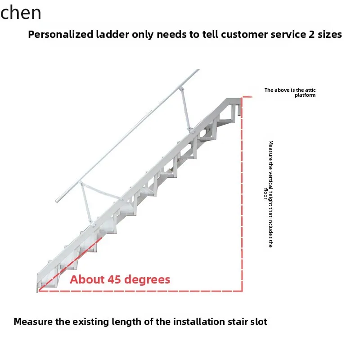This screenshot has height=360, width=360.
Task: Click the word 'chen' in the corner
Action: click(x=21, y=13)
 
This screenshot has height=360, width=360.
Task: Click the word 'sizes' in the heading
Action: click(x=328, y=35)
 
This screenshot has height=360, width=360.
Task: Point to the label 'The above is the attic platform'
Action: click(x=290, y=92)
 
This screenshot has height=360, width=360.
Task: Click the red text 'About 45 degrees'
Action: click(x=120, y=279)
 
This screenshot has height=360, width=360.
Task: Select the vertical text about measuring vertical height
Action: click(x=270, y=193)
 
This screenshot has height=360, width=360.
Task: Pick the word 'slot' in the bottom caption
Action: click(x=258, y=322)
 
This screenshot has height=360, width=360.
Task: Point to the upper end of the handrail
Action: click(x=197, y=71)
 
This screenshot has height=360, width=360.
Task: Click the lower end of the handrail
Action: click(x=58, y=200)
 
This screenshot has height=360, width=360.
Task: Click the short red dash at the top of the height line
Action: click(x=247, y=96)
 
